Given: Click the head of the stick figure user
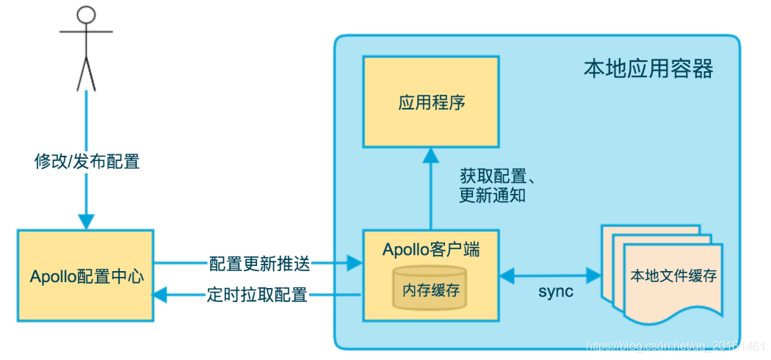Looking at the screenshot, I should [x=87, y=15].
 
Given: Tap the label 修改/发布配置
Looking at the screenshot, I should [x=87, y=161].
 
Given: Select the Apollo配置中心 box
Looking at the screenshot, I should [x=86, y=276].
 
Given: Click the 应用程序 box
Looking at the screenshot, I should [x=432, y=102].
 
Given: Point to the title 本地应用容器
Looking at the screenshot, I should [x=648, y=70].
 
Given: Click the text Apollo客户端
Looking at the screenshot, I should [x=431, y=249].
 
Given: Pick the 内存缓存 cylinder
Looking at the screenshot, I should [x=431, y=289].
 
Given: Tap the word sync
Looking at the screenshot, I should [x=556, y=292].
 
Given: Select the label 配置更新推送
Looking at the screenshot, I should [x=259, y=262].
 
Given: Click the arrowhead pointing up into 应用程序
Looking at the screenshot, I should [x=431, y=155].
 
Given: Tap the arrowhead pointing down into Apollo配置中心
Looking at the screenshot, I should [x=87, y=221].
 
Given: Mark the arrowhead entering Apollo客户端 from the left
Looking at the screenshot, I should [x=355, y=262].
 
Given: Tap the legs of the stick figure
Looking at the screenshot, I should [x=87, y=73].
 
